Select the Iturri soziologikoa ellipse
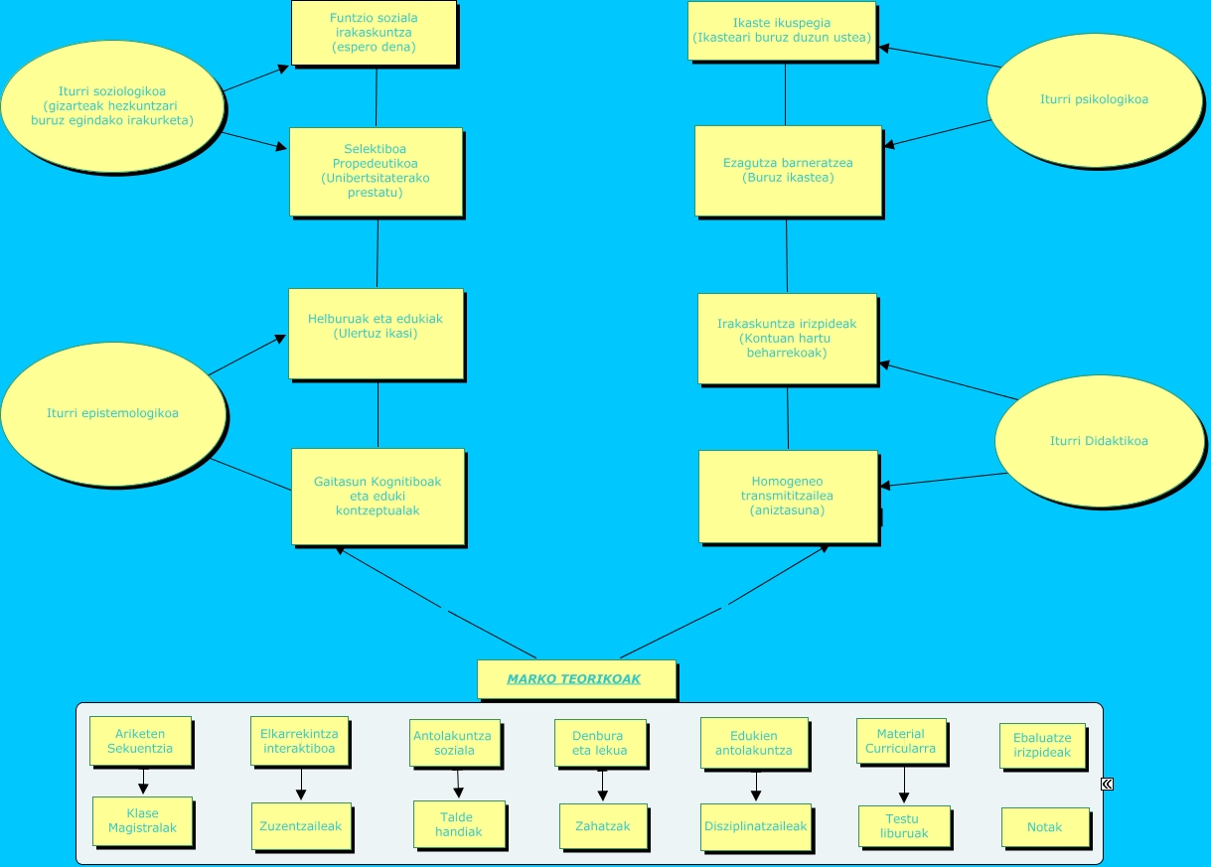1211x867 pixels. click(x=112, y=106)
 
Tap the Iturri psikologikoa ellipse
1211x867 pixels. click(x=1095, y=99)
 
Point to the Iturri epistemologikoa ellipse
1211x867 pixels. click(x=113, y=413)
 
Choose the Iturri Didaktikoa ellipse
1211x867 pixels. click(x=1099, y=441)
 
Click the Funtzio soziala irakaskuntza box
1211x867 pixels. click(x=374, y=33)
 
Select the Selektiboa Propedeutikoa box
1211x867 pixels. click(x=376, y=171)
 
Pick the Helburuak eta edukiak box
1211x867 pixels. click(x=376, y=333)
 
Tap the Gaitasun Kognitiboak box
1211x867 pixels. click(x=378, y=497)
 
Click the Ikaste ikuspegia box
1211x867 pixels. click(x=782, y=31)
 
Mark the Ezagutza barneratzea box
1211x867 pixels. click(x=788, y=170)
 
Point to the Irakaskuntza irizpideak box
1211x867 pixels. click(x=787, y=338)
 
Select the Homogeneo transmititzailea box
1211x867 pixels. click(x=788, y=496)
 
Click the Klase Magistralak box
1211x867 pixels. click(x=142, y=820)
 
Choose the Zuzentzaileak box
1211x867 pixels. click(x=300, y=825)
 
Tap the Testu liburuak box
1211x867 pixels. click(x=903, y=826)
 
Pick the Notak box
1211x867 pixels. click(x=1044, y=826)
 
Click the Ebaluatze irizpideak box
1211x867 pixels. click(x=1042, y=745)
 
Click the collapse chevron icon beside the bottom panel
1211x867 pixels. click(x=1107, y=784)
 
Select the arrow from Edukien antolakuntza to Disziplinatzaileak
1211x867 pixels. click(x=755, y=786)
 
